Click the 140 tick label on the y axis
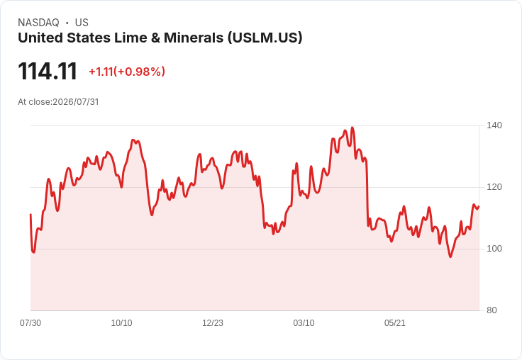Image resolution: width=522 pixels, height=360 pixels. [x=494, y=125]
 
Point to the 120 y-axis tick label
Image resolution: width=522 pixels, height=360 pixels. [x=494, y=187]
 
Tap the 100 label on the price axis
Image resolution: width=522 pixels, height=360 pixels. [x=494, y=249]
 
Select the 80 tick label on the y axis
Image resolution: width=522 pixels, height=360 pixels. [x=492, y=310]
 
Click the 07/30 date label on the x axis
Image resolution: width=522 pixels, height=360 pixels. [x=30, y=322]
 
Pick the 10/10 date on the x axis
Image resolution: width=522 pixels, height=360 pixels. [x=121, y=322]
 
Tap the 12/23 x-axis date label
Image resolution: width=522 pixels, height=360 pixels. [x=213, y=322]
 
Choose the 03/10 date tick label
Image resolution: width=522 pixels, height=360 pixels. [x=304, y=322]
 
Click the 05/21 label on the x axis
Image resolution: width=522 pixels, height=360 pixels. [x=395, y=322]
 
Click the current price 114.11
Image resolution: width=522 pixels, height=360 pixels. [x=48, y=71]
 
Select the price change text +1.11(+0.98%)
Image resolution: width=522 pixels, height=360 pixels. [x=127, y=72]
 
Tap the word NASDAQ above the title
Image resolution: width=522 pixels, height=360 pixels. [x=38, y=23]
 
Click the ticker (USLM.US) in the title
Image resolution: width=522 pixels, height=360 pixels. [x=265, y=38]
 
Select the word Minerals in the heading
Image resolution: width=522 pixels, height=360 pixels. [x=194, y=38]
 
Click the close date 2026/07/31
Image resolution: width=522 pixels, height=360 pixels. [x=76, y=102]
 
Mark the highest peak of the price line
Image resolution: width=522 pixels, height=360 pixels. [x=352, y=128]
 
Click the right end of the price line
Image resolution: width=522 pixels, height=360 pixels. [x=479, y=207]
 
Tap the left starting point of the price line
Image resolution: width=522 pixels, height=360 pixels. [x=30, y=214]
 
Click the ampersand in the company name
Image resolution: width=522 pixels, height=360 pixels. [x=155, y=38]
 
